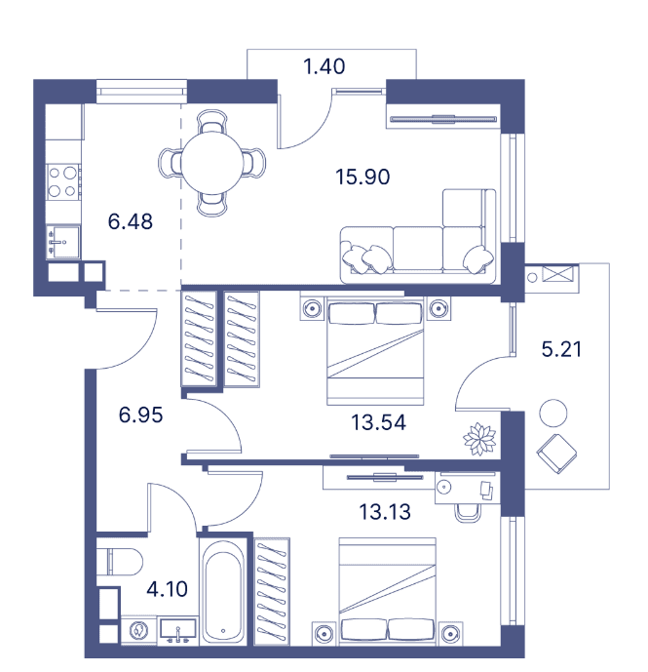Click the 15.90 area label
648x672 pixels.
pyautogui.click(x=362, y=177)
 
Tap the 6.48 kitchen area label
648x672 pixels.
pyautogui.click(x=131, y=221)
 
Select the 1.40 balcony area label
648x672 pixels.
pyautogui.click(x=324, y=66)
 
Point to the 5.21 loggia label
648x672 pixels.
pyautogui.click(x=561, y=349)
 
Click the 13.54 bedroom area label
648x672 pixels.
pyautogui.click(x=378, y=422)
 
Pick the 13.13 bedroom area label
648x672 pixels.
pyautogui.click(x=385, y=512)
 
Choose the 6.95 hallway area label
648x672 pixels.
pyautogui.click(x=140, y=415)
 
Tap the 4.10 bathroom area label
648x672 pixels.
pyautogui.click(x=167, y=589)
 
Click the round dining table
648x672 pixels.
pyautogui.click(x=212, y=163)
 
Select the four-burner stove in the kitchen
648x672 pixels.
pyautogui.click(x=63, y=181)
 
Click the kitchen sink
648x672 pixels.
pyautogui.click(x=63, y=242)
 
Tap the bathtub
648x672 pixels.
pyautogui.click(x=223, y=591)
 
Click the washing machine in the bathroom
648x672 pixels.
pyautogui.click(x=138, y=630)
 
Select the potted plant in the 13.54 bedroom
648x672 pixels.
pyautogui.click(x=479, y=439)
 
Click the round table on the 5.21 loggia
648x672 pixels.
pyautogui.click(x=553, y=414)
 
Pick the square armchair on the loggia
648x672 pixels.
pyautogui.click(x=556, y=454)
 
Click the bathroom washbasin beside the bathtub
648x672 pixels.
pyautogui.click(x=177, y=630)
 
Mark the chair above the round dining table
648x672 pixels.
pyautogui.click(x=212, y=122)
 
